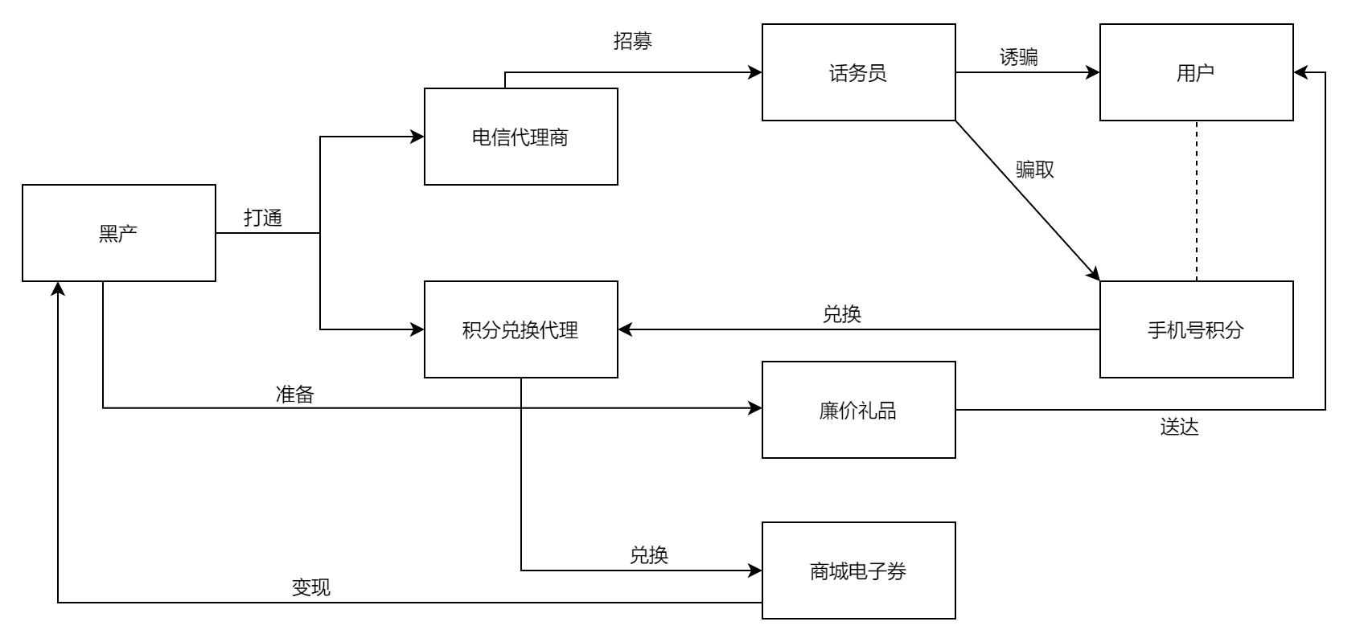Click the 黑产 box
[119, 233]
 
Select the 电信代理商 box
[521, 137]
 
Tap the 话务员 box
[859, 72]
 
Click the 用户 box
[1196, 72]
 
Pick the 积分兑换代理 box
[521, 329]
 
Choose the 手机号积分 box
[1196, 329]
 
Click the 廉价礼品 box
[859, 410]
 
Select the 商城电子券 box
[859, 571]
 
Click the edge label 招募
[633, 42]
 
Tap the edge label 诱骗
[1019, 57]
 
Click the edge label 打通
[263, 218]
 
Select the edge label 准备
[295, 395]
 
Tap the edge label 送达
[1180, 427]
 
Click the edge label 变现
[311, 587]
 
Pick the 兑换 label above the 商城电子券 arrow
[649, 555]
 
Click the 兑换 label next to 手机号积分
[842, 314]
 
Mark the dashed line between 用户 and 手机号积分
[1197, 201]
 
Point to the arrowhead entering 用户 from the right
[1300, 72]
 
